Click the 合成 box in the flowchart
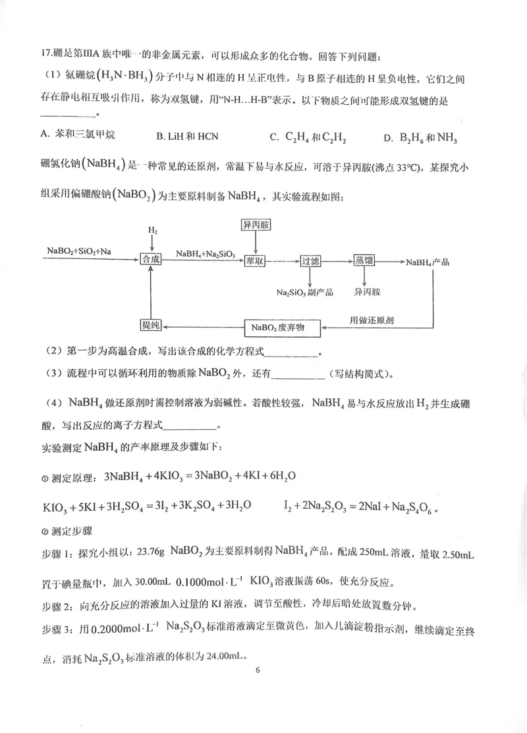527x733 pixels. coord(151,261)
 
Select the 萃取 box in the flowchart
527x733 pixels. coord(255,261)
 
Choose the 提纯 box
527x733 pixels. coord(151,326)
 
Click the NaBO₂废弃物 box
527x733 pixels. coord(283,327)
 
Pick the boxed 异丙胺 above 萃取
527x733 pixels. coord(254,225)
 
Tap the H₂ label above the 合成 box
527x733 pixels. coord(152,231)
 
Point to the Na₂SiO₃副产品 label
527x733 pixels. coord(305,291)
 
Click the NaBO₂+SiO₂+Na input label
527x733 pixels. coord(78,251)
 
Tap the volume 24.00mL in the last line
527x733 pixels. coord(223,657)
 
